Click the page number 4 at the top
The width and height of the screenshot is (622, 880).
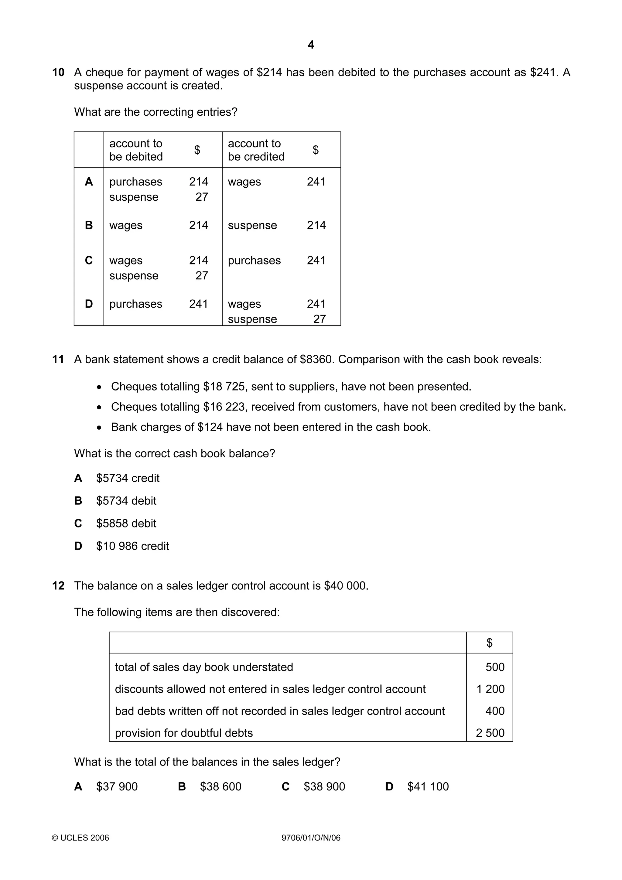pyautogui.click(x=311, y=45)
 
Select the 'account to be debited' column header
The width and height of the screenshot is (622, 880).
pyautogui.click(x=136, y=150)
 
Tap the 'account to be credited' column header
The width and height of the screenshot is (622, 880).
pyautogui.click(x=256, y=150)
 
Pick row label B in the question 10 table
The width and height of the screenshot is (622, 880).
pyautogui.click(x=88, y=225)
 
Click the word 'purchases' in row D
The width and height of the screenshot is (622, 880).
pyautogui.click(x=136, y=304)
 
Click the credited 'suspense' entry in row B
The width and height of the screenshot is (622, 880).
pyautogui.click(x=252, y=225)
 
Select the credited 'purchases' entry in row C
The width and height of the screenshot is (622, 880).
pyautogui.click(x=254, y=260)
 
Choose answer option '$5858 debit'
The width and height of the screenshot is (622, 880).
pyautogui.click(x=126, y=523)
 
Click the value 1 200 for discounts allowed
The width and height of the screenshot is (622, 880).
pyautogui.click(x=490, y=689)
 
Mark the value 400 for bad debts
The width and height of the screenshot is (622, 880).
pyautogui.click(x=495, y=711)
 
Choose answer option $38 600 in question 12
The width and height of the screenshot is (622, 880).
pyautogui.click(x=220, y=786)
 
